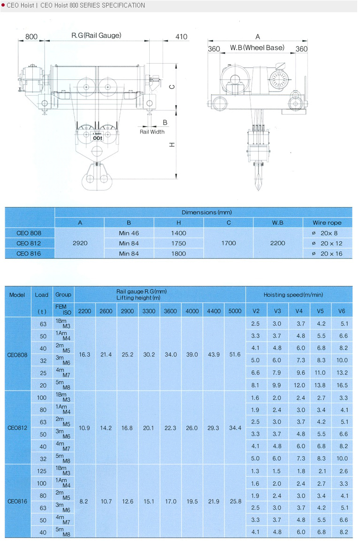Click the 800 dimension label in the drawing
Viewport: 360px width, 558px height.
coord(31,37)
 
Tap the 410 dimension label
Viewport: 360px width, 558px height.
coord(181,37)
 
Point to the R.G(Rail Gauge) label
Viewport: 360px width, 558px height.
coord(96,35)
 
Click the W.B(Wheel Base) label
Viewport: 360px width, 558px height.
coord(257,48)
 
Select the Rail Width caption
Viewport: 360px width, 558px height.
coord(152,132)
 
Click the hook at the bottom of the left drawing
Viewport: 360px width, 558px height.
coord(97,178)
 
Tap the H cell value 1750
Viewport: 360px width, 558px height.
coord(179,243)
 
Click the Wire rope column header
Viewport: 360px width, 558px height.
coord(327,222)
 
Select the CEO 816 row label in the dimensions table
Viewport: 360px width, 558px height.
coord(29,253)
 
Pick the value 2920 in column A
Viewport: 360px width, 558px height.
coord(80,243)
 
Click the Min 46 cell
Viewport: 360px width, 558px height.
coord(129,233)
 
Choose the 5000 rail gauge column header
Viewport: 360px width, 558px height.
coord(235,311)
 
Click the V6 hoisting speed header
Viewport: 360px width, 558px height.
coord(343,311)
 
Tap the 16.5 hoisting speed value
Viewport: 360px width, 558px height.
coord(343,385)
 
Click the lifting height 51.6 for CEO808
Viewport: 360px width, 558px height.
coord(235,354)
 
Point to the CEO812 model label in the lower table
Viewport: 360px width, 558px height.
coord(18,428)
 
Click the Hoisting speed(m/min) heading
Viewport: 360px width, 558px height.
coord(299,295)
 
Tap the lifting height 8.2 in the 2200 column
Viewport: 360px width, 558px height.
coord(84,502)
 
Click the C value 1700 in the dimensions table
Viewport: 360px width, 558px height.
coord(229,243)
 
